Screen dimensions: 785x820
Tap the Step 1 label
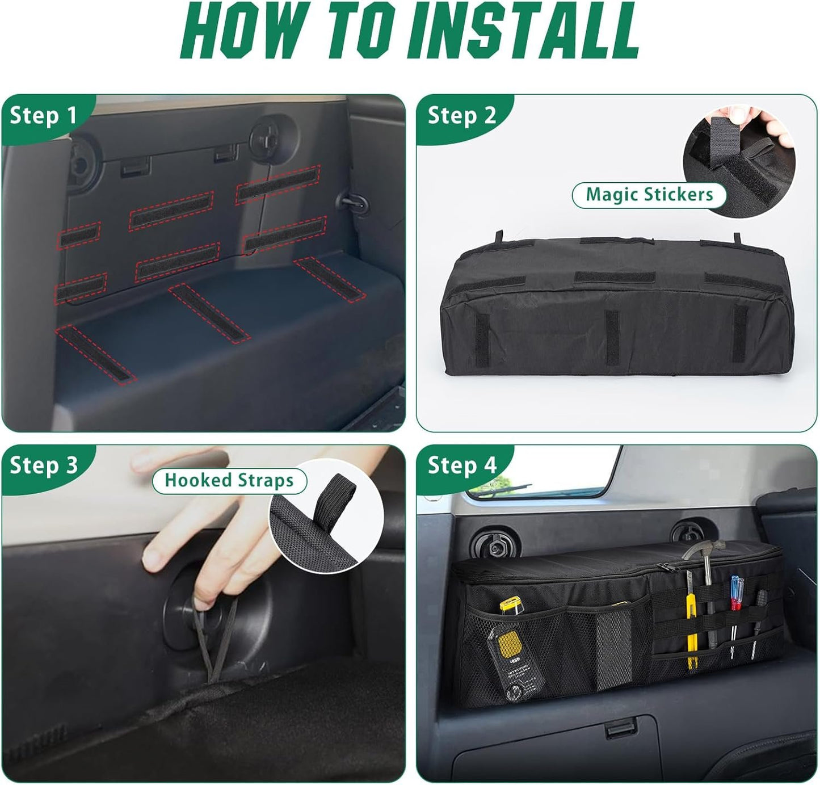click(x=43, y=116)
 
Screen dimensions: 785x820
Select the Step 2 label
click(x=462, y=116)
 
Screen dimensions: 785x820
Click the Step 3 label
click(x=43, y=465)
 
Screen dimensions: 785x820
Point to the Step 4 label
click(x=462, y=465)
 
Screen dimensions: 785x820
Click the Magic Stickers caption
click(x=649, y=195)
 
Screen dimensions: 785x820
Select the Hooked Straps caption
click(x=229, y=481)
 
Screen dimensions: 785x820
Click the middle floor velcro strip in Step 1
click(x=209, y=311)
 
